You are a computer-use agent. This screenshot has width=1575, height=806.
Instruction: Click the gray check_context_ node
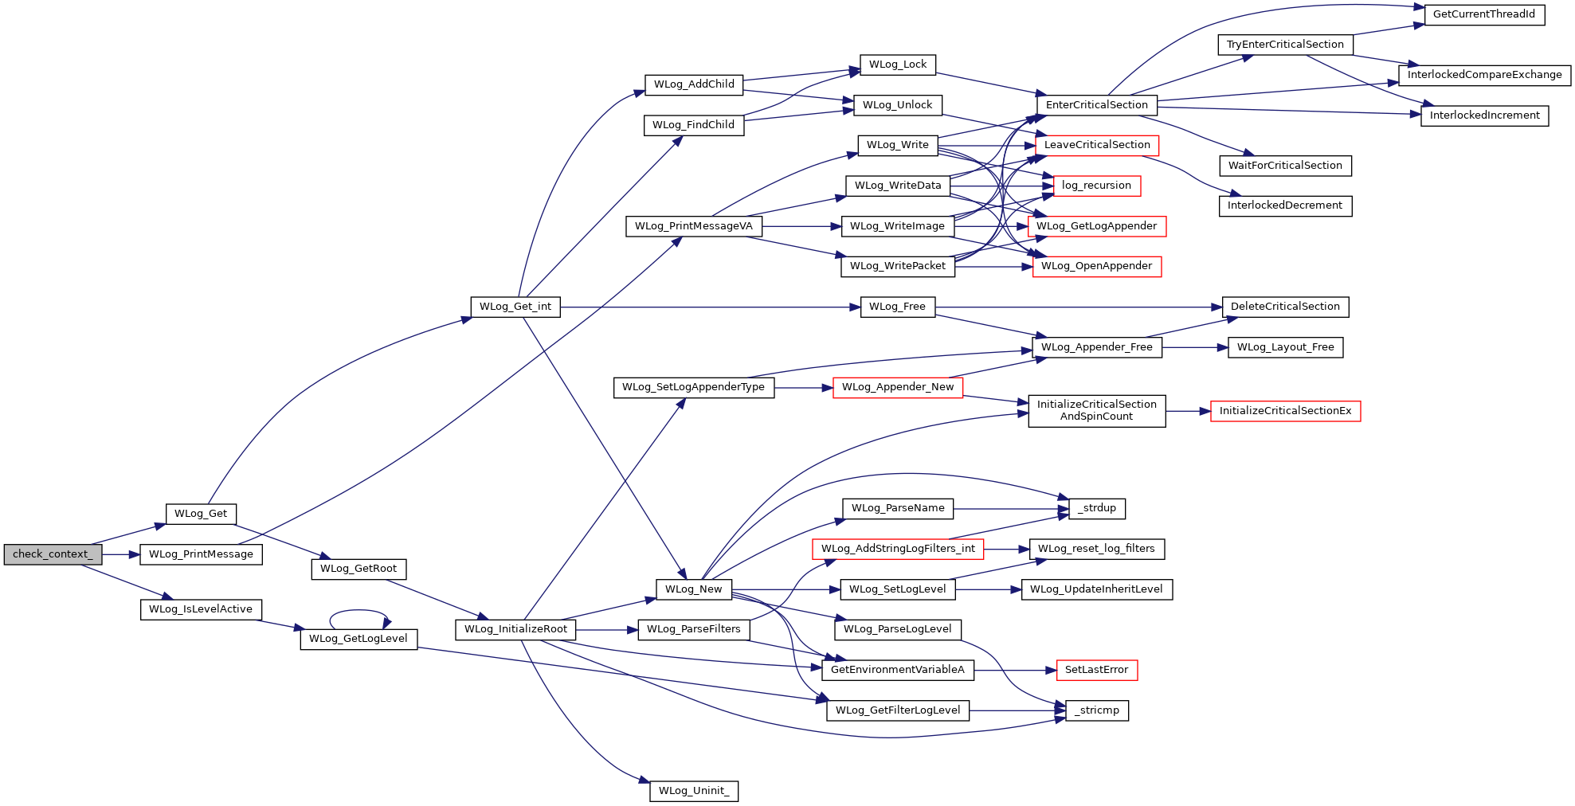(x=53, y=554)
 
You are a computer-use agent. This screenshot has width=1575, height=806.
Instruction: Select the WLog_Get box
(x=201, y=514)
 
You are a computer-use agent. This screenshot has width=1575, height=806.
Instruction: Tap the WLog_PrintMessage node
(x=201, y=554)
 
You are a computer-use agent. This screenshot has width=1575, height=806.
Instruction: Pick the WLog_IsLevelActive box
(x=201, y=609)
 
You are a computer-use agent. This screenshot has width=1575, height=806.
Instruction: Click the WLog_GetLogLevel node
(x=358, y=639)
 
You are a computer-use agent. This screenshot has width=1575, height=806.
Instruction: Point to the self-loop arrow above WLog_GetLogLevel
(x=359, y=611)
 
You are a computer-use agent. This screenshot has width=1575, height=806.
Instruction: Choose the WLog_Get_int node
(x=515, y=307)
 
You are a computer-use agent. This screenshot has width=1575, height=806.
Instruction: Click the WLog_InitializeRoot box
(x=515, y=629)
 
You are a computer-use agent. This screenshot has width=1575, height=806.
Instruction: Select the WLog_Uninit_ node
(x=694, y=791)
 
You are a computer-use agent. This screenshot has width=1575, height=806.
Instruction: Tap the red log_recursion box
(x=1096, y=186)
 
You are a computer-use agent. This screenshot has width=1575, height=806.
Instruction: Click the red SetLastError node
(x=1096, y=670)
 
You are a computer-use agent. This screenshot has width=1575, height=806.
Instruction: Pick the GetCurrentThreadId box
(x=1484, y=14)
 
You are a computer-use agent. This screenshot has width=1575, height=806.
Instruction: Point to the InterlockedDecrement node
(x=1285, y=205)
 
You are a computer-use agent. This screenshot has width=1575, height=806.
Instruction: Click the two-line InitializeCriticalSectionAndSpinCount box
(x=1097, y=411)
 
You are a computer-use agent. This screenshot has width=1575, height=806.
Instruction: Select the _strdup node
(x=1096, y=508)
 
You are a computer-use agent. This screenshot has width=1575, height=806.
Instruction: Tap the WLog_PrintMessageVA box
(x=694, y=226)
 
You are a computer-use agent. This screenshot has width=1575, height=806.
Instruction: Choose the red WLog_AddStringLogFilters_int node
(x=898, y=549)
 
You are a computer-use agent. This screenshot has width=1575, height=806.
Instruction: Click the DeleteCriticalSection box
(x=1285, y=307)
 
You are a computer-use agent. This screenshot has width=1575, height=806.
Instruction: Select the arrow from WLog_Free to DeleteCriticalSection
(x=1079, y=307)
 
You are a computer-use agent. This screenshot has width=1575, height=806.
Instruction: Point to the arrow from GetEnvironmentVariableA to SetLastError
(x=1015, y=670)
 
